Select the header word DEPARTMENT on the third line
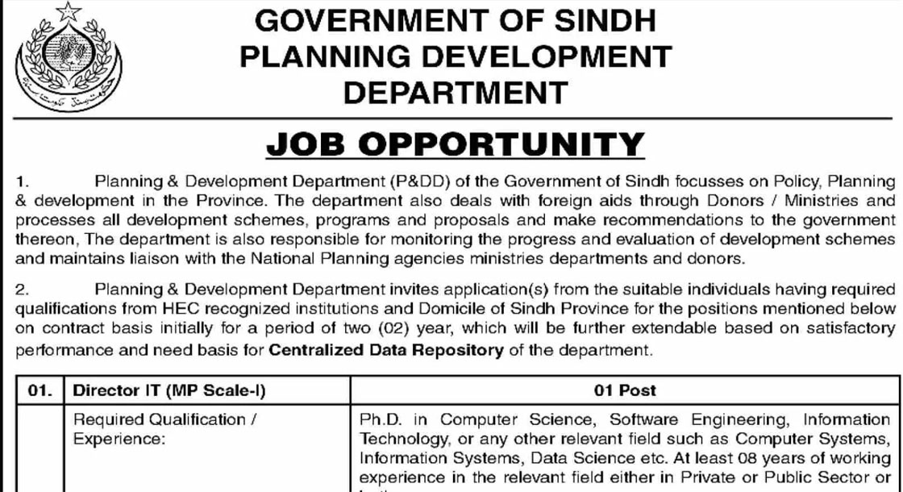pos(456,91)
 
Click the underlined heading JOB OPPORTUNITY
pos(456,144)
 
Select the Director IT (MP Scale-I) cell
pos(169,390)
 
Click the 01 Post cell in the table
pos(625,390)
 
